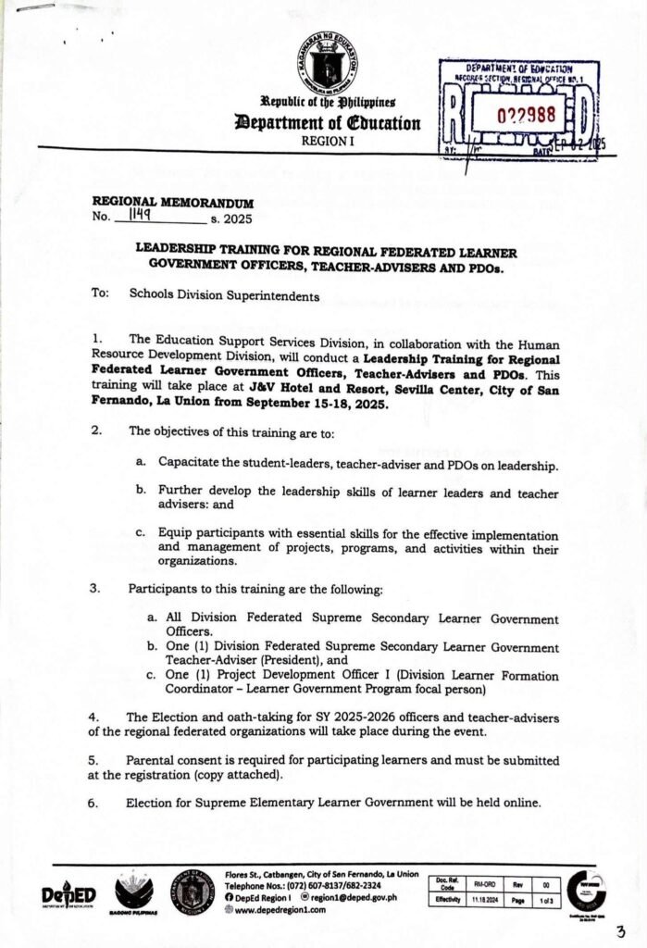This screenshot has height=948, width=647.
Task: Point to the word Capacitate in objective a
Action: point(190,461)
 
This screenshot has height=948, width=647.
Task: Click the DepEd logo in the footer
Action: point(68,894)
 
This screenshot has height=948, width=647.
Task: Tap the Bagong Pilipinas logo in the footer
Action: point(133,895)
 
